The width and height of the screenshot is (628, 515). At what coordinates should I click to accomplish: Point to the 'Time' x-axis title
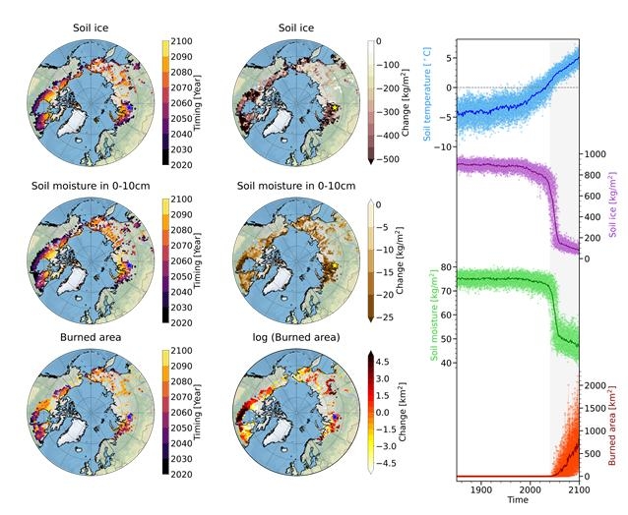coord(517,500)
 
